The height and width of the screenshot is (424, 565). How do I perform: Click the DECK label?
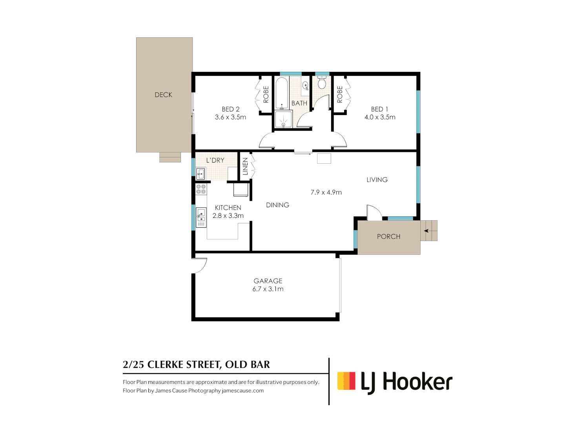[x=163, y=95]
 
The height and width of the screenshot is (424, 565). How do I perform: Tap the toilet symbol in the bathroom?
[x=322, y=83]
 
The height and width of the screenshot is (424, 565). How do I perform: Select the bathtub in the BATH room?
[x=281, y=93]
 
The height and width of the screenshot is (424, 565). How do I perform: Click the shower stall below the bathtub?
[x=283, y=119]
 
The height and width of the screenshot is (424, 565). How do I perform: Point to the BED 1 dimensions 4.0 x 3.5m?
[x=380, y=117]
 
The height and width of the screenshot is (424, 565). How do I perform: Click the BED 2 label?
[x=230, y=109]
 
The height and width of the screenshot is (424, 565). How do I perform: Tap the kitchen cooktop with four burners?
[x=201, y=189]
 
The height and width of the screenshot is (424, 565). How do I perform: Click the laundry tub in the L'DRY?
[x=200, y=174]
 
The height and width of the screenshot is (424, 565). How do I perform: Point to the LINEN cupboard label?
[x=245, y=166]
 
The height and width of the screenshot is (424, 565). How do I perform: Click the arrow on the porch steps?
[x=426, y=231]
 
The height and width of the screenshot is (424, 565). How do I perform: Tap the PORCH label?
[x=388, y=236]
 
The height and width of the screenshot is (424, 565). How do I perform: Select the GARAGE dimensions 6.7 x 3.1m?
[x=268, y=289]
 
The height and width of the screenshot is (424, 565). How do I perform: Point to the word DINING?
[x=277, y=205]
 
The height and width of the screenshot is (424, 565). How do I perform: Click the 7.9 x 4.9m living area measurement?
[x=326, y=192]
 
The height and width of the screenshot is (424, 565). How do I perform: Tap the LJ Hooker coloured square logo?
[x=346, y=381]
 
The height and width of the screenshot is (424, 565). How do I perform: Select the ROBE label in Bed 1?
[x=340, y=95]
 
